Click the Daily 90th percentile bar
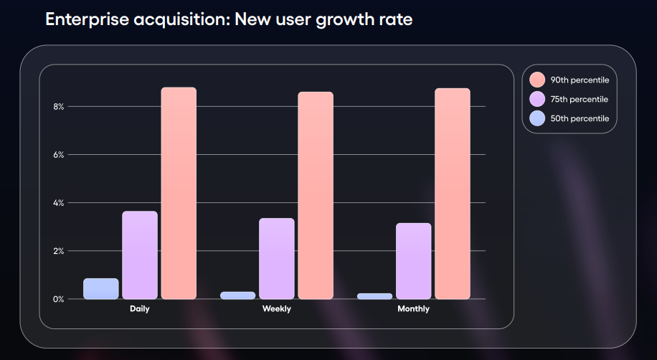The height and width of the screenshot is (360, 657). coord(179,193)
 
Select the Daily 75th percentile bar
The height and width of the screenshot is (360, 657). coord(140,255)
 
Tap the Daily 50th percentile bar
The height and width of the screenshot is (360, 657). coord(101,288)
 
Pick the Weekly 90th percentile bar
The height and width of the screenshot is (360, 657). coord(316,195)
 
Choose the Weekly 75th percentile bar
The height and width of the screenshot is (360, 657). coord(277,258)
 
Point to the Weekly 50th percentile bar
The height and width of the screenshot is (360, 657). coord(238,295)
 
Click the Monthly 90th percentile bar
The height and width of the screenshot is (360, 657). coord(453,194)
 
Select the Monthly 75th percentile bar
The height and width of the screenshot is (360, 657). coord(414,261)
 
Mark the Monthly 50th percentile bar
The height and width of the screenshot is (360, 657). coord(375,295)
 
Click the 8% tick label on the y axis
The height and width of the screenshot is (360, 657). coord(57,107)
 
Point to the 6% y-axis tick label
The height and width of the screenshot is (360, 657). coord(57,155)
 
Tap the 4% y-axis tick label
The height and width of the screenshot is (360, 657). coord(57,203)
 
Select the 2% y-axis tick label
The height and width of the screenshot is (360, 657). coord(57,251)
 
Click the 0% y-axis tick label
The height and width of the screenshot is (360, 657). coord(57,299)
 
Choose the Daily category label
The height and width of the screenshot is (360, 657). coord(140,309)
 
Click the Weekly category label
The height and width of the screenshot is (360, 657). coord(277,309)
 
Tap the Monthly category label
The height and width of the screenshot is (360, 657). coord(414,309)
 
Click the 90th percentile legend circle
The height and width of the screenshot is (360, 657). coord(537,80)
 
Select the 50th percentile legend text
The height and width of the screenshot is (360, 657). coord(580,118)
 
